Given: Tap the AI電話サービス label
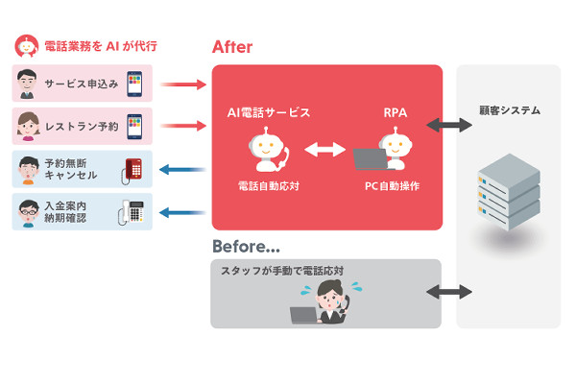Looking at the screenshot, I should point(263,112).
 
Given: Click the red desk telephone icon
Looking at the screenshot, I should point(132,169).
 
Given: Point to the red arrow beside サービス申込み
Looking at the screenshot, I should point(183,84).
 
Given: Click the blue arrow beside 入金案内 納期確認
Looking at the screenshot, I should point(183,211).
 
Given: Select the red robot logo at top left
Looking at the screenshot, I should point(27,44).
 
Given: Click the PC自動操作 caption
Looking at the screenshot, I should point(384,184).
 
